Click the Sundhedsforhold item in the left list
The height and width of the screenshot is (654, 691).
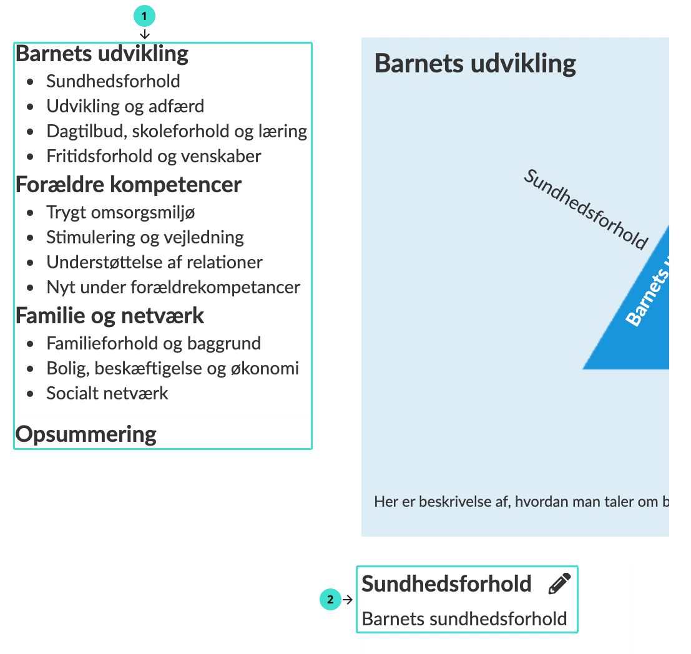click(x=113, y=81)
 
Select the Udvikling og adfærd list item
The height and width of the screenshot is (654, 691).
click(x=125, y=106)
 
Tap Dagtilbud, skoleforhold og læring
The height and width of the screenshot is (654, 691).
click(x=177, y=131)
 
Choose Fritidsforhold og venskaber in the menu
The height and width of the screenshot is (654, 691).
click(x=154, y=156)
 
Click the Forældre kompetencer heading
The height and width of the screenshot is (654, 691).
click(x=128, y=185)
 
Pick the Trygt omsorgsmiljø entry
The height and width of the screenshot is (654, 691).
click(x=120, y=212)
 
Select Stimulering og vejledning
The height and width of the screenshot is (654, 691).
click(x=145, y=237)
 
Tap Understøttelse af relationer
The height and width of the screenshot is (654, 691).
click(x=154, y=262)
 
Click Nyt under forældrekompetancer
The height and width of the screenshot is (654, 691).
click(x=173, y=287)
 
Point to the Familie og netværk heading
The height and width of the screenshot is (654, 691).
click(x=109, y=316)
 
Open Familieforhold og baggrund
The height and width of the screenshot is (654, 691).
click(x=154, y=343)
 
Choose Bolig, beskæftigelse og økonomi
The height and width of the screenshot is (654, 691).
click(x=172, y=368)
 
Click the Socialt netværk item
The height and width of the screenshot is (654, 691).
click(x=107, y=393)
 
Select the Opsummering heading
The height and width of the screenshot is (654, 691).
click(x=86, y=434)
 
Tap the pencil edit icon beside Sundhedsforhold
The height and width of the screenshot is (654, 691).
click(x=559, y=584)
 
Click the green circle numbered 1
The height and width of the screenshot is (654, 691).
click(x=144, y=16)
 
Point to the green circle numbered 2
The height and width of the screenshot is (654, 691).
click(x=330, y=600)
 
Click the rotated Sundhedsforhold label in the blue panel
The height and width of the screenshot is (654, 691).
click(x=586, y=209)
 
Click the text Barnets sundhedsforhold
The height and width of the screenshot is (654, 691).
click(x=464, y=619)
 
